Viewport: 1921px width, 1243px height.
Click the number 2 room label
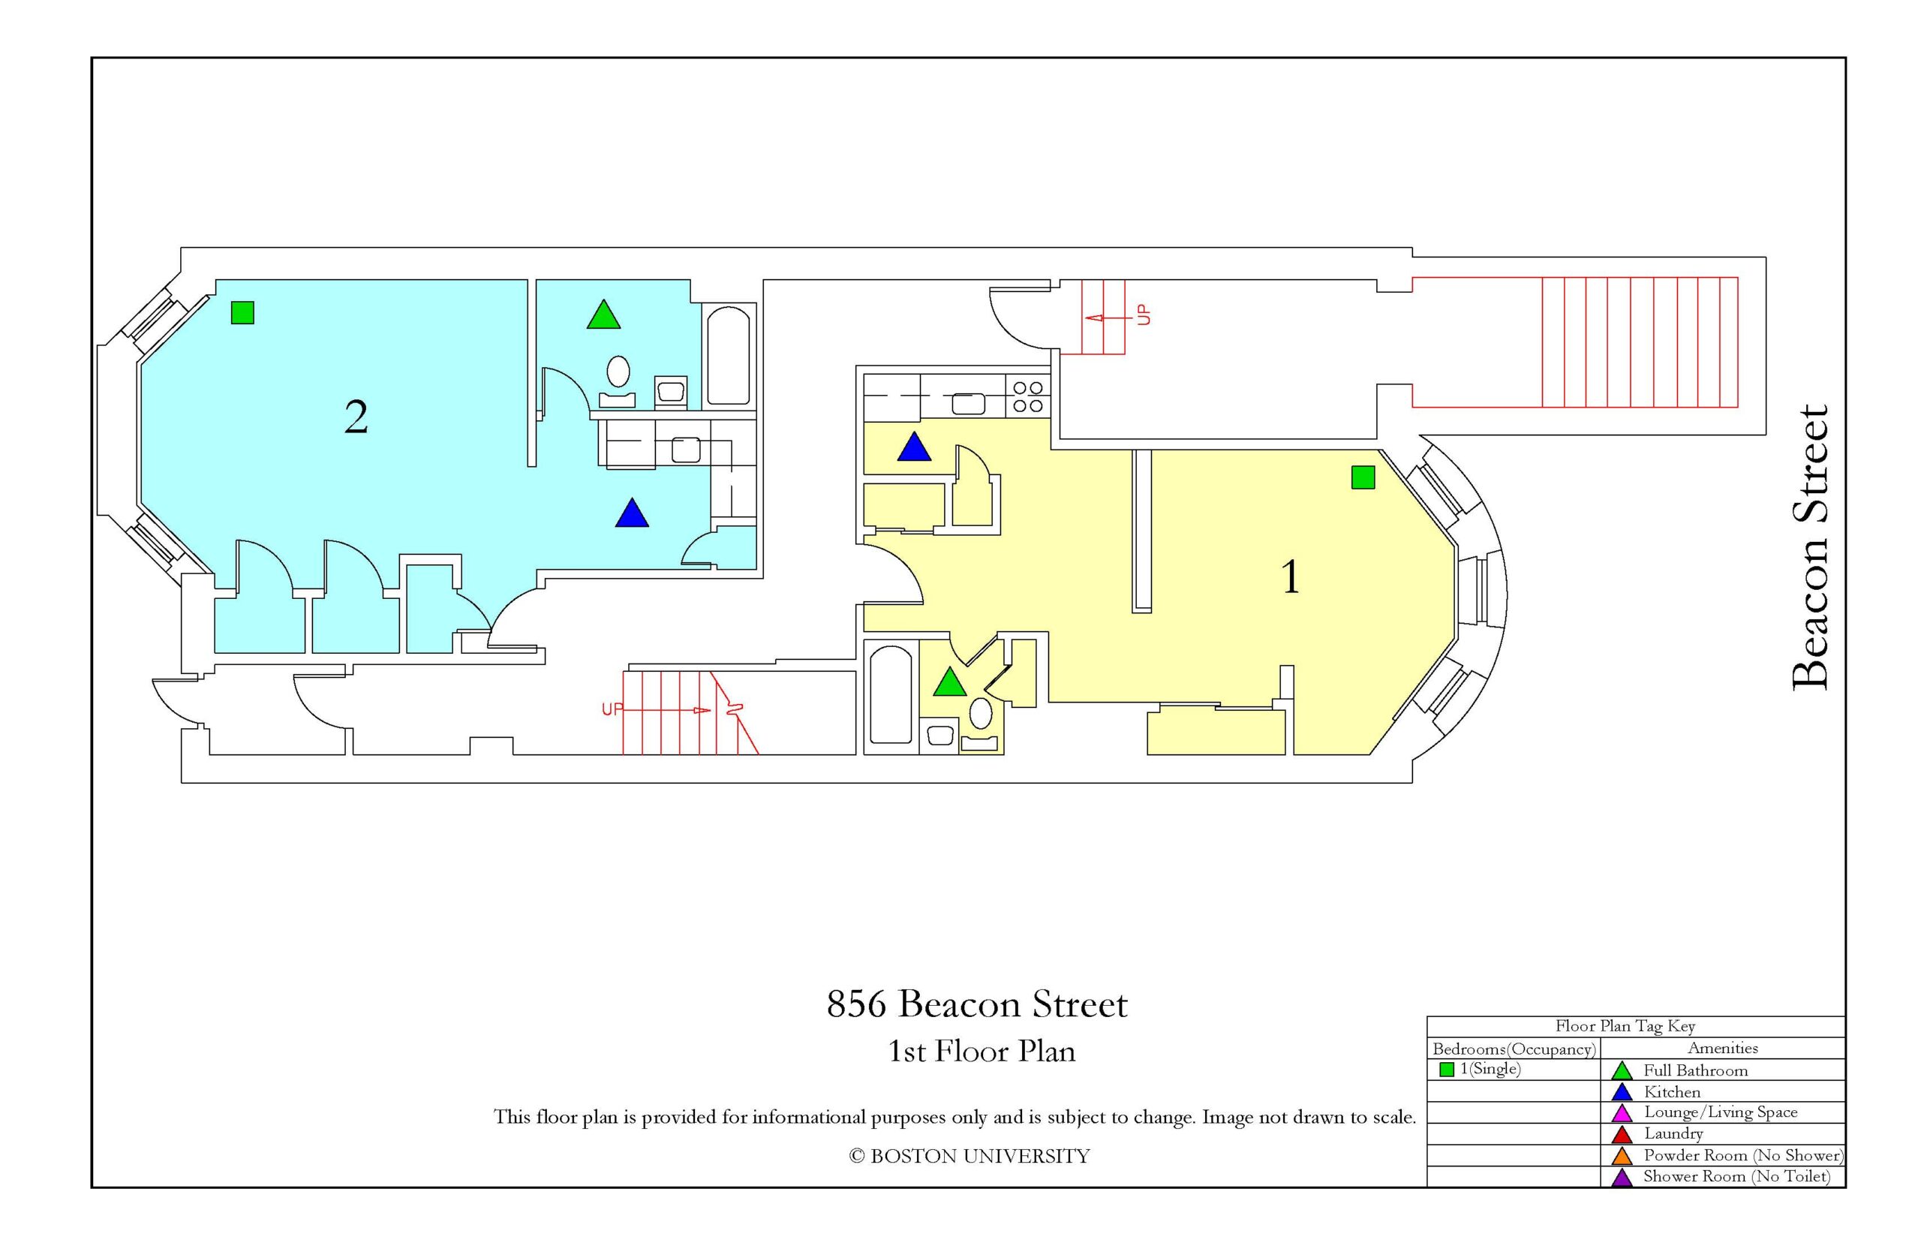[x=356, y=417]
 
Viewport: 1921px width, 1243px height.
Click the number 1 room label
[x=1290, y=577]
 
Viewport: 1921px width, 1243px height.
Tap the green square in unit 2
[x=242, y=312]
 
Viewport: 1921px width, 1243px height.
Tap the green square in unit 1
[x=1363, y=478]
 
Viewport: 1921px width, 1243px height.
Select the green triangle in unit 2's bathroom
[x=603, y=315]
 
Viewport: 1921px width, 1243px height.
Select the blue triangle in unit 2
[x=632, y=513]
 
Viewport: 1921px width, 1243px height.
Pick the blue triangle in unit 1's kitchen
[x=914, y=447]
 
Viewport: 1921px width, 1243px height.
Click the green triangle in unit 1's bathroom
[x=949, y=682]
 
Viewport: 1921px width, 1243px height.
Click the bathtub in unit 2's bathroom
[x=729, y=355]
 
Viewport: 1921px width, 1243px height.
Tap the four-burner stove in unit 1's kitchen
[x=1027, y=396]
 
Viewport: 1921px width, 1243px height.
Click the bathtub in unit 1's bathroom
[x=891, y=694]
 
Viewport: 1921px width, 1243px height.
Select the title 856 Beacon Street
[x=977, y=1004]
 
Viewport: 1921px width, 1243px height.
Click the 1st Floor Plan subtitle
[x=981, y=1051]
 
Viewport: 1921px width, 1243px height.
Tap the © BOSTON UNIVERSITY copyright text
[x=969, y=1156]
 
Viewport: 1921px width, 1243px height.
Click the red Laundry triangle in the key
[x=1622, y=1135]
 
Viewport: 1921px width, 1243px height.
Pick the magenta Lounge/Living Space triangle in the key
[x=1622, y=1114]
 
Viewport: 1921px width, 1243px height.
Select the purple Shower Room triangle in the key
[x=1622, y=1178]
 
